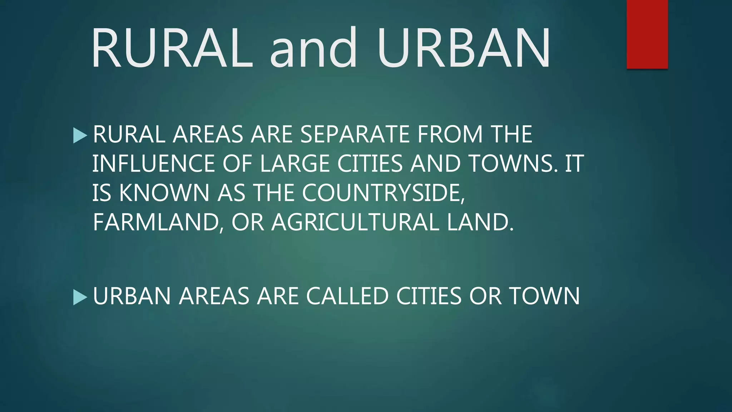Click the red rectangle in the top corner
point(647,34)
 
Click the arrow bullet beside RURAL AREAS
point(80,136)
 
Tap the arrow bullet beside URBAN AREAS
point(80,297)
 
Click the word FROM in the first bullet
point(450,134)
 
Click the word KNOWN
point(164,193)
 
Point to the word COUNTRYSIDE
point(383,193)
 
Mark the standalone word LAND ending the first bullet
point(480,222)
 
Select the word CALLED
point(347,296)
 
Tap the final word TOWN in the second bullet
point(544,296)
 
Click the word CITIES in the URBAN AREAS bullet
point(429,296)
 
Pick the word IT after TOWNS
point(574,164)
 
